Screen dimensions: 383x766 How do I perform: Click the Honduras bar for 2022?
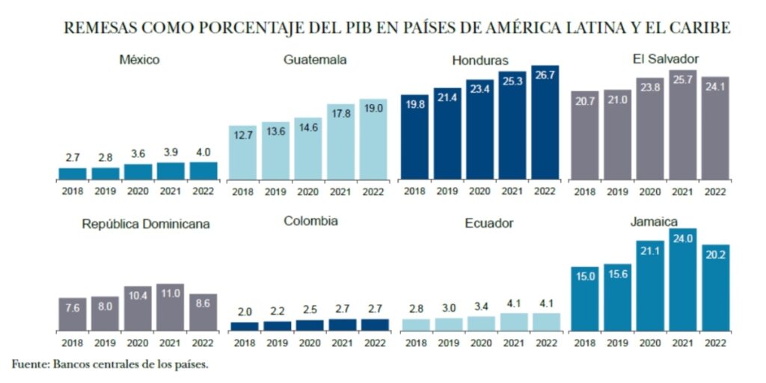(545, 123)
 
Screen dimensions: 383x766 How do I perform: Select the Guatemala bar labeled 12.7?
(242, 153)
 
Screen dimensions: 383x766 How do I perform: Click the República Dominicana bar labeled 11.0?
(172, 307)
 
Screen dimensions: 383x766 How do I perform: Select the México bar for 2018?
(73, 174)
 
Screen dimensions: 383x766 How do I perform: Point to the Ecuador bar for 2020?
(479, 323)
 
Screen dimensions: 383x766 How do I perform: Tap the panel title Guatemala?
(315, 60)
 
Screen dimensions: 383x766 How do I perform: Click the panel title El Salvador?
(665, 58)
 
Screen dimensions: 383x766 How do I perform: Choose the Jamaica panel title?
(653, 221)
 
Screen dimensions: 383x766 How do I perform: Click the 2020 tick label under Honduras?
(479, 191)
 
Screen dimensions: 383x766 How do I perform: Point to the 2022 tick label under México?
(202, 191)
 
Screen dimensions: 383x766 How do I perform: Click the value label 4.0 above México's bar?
(203, 153)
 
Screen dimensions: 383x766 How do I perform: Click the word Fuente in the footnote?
(28, 364)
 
